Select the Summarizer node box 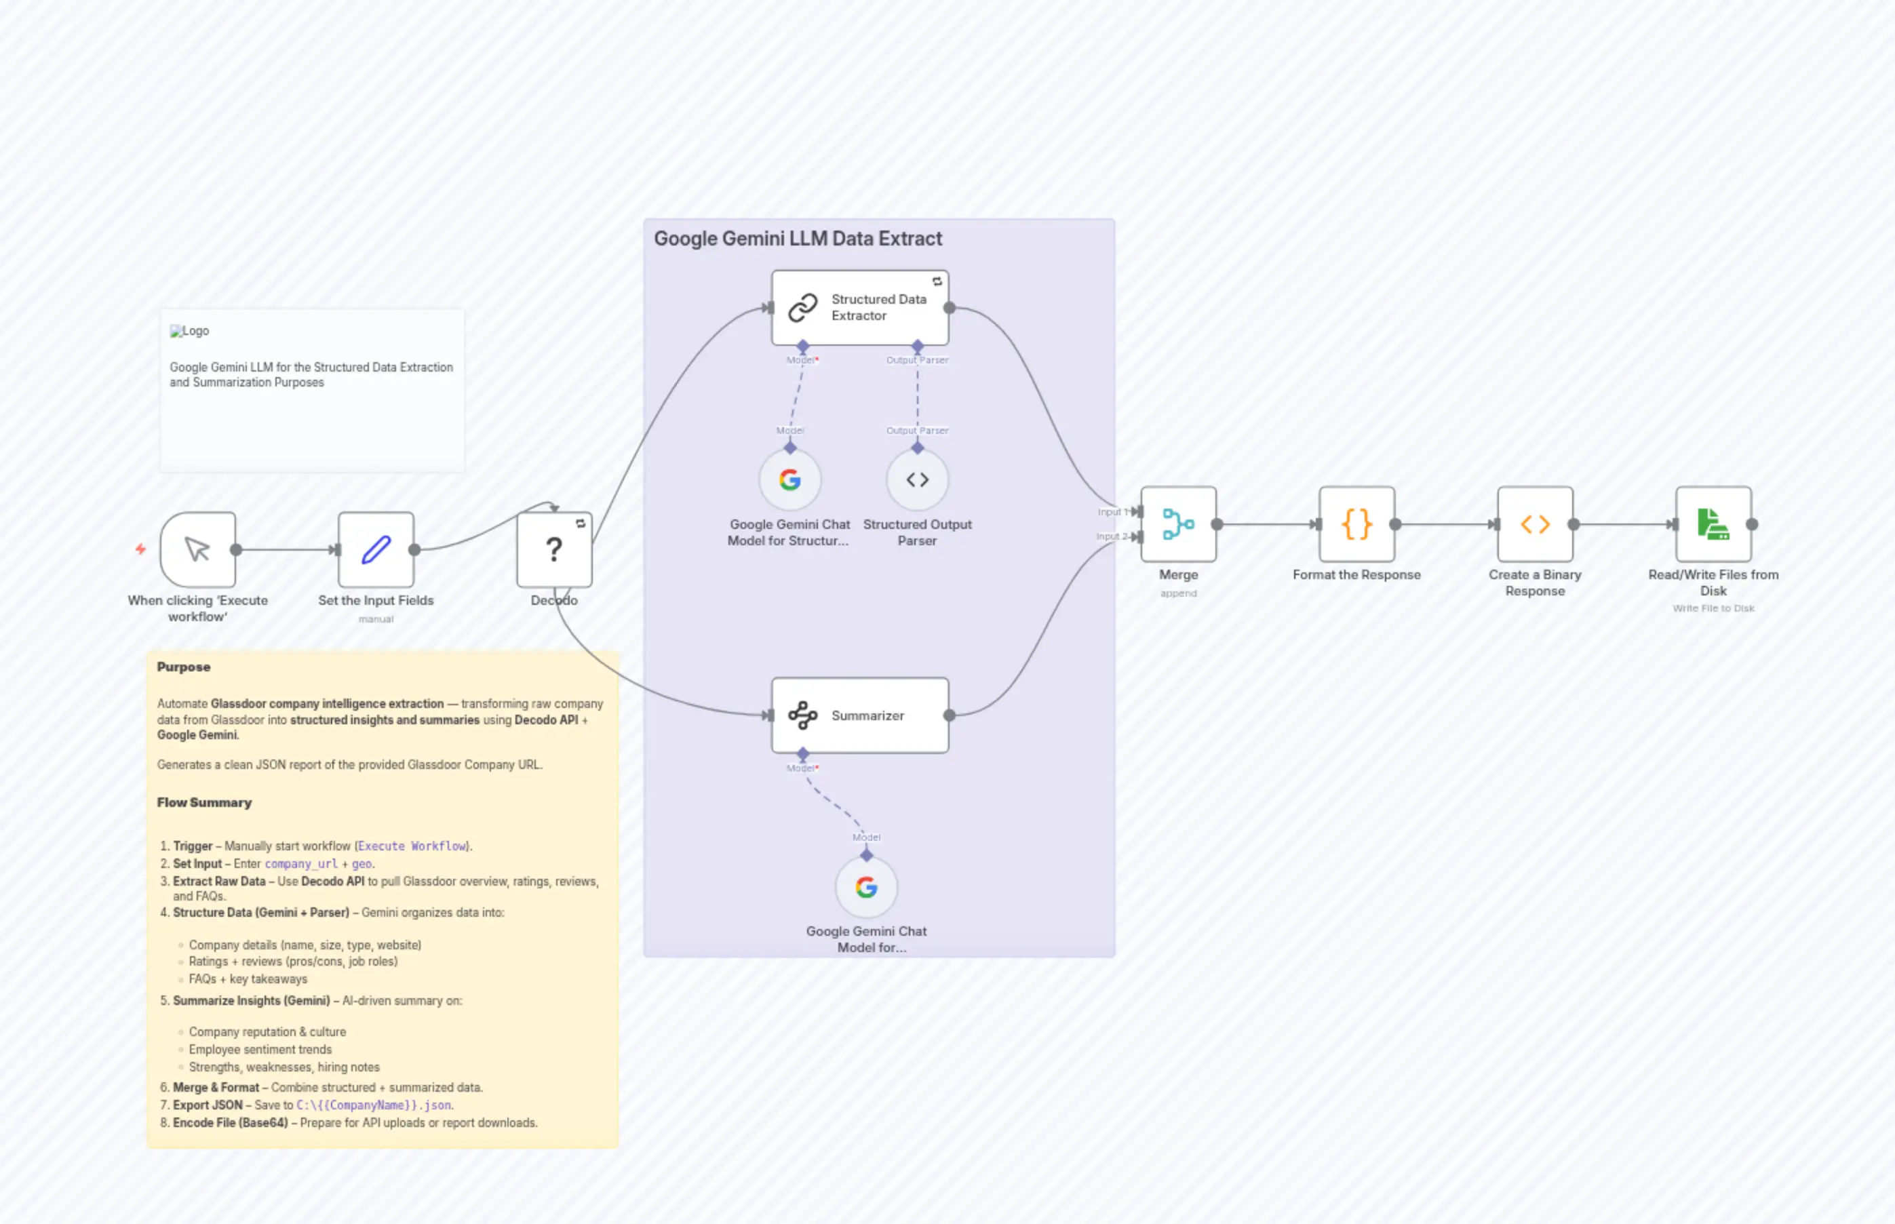[x=859, y=715]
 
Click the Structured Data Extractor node [x=859, y=308]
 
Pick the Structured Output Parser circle [x=916, y=480]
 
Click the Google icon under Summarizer [x=865, y=887]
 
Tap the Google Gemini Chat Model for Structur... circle [x=789, y=480]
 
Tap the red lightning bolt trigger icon [x=140, y=549]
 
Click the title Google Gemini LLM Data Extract [x=797, y=239]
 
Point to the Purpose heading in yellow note [x=184, y=667]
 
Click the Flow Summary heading [x=204, y=803]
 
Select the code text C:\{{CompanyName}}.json [x=374, y=1105]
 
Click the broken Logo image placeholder [x=189, y=331]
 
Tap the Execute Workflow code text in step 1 [x=412, y=846]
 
